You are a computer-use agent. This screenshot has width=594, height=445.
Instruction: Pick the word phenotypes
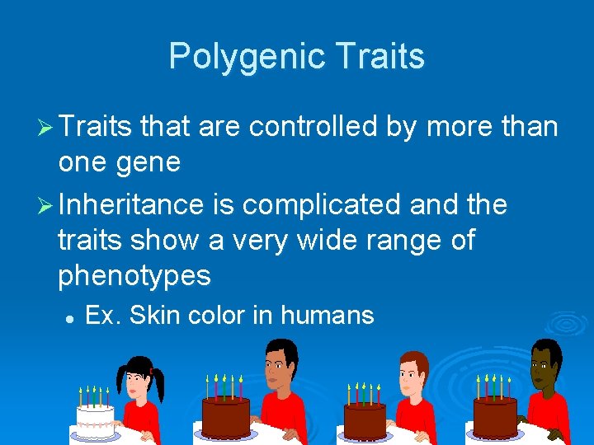(x=134, y=275)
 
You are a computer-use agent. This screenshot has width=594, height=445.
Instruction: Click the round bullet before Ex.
(x=71, y=316)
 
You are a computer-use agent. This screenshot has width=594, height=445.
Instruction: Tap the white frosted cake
(x=95, y=419)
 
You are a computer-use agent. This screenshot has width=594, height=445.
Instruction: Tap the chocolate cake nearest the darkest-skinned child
(x=495, y=416)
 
